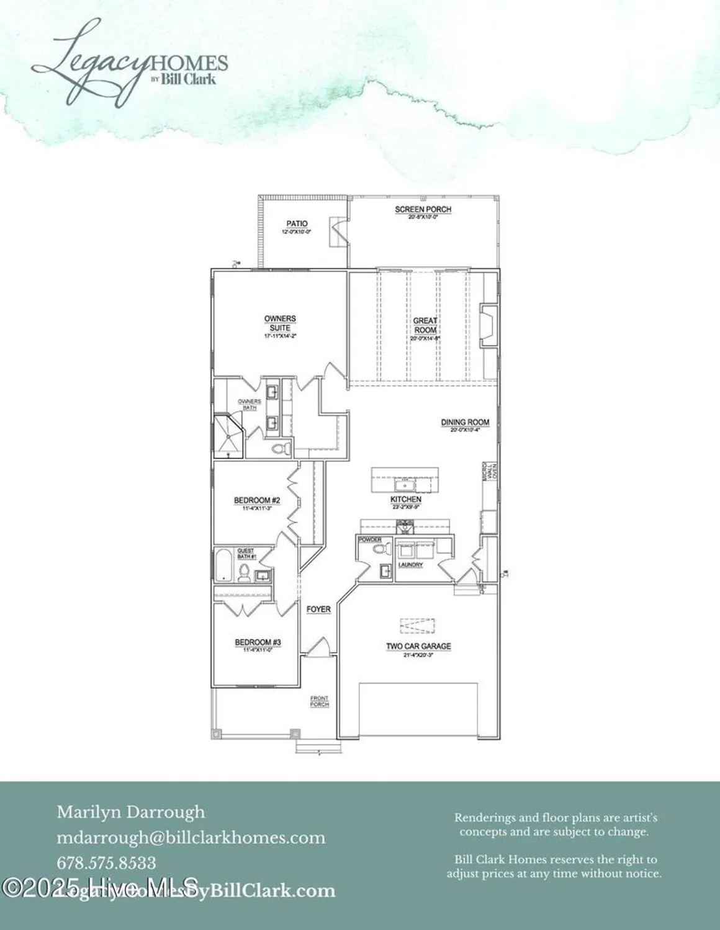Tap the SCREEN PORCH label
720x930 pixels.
(x=423, y=210)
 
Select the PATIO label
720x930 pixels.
(x=297, y=224)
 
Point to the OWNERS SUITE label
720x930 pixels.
(x=280, y=323)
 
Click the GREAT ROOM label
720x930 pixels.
(x=425, y=325)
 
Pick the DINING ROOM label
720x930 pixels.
(x=465, y=422)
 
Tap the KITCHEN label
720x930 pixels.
(x=406, y=499)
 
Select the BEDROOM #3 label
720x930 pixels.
(x=258, y=642)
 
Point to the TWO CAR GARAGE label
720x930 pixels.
(x=418, y=646)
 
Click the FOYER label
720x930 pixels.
(x=318, y=609)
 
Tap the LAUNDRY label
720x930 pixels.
(x=411, y=565)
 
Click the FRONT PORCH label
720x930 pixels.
(x=319, y=701)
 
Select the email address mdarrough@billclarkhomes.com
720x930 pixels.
(x=191, y=838)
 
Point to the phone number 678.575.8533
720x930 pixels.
(x=106, y=862)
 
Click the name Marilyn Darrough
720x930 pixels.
(x=131, y=812)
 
